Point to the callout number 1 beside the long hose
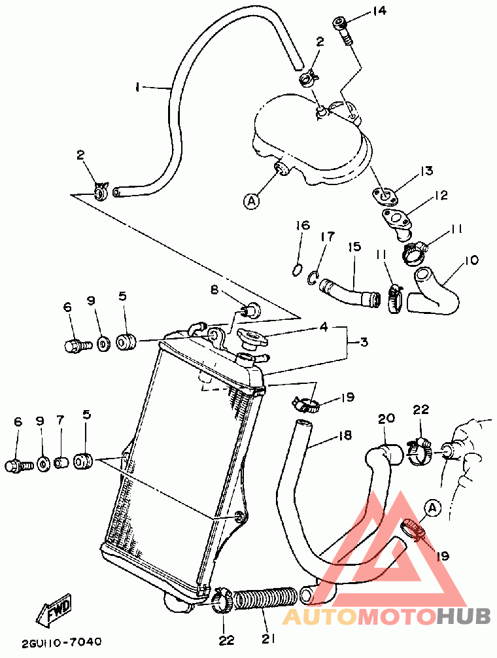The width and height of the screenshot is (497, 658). [x=138, y=86]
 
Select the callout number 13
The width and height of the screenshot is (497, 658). [x=426, y=171]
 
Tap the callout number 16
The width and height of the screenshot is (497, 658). [x=301, y=226]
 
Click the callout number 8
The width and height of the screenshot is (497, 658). [x=214, y=289]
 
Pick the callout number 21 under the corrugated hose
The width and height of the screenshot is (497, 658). [x=269, y=638]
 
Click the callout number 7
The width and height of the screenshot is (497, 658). [x=60, y=422]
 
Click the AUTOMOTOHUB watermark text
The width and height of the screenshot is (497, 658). [x=386, y=616]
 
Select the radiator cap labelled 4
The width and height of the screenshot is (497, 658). [x=252, y=338]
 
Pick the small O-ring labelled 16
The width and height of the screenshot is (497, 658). [x=296, y=268]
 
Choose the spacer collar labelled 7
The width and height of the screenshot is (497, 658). [x=61, y=463]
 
